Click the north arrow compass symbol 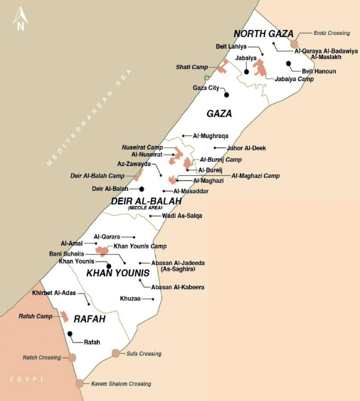pyautogui.click(x=21, y=19)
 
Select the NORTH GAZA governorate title pyautogui.click(x=263, y=33)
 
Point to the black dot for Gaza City pyautogui.click(x=226, y=94)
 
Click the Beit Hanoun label pyautogui.click(x=319, y=71)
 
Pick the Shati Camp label pyautogui.click(x=192, y=66)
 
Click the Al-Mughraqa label pyautogui.click(x=211, y=135)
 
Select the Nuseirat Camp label pyautogui.click(x=142, y=147)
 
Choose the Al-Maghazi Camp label pyautogui.click(x=255, y=175)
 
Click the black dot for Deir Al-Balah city pyautogui.click(x=142, y=189)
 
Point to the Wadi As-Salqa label pyautogui.click(x=182, y=215)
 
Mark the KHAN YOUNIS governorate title pyautogui.click(x=117, y=273)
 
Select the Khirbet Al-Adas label pyautogui.click(x=53, y=293)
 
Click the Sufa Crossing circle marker pyautogui.click(x=116, y=353)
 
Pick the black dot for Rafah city pyautogui.click(x=70, y=333)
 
